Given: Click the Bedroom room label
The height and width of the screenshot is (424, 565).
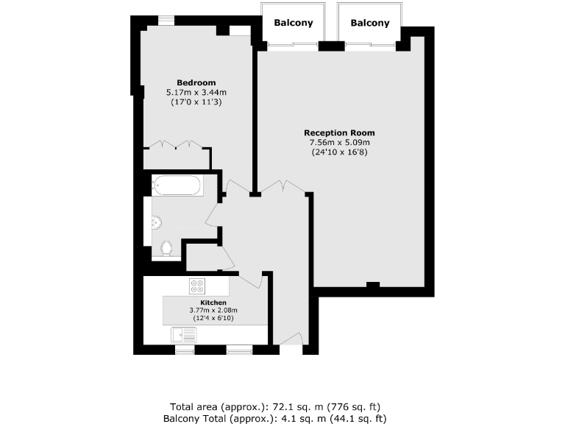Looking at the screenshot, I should tap(196, 82).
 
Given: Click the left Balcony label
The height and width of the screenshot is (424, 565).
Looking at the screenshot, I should tap(294, 23).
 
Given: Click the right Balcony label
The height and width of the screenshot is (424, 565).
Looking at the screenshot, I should tap(370, 23).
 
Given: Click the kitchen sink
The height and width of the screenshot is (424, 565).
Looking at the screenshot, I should tap(185, 336).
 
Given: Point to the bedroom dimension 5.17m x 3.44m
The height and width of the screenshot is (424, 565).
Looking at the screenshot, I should tap(196, 92).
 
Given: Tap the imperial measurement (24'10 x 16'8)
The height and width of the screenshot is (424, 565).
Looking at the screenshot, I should tap(339, 152).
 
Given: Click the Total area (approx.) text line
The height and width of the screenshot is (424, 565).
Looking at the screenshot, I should tap(275, 406).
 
